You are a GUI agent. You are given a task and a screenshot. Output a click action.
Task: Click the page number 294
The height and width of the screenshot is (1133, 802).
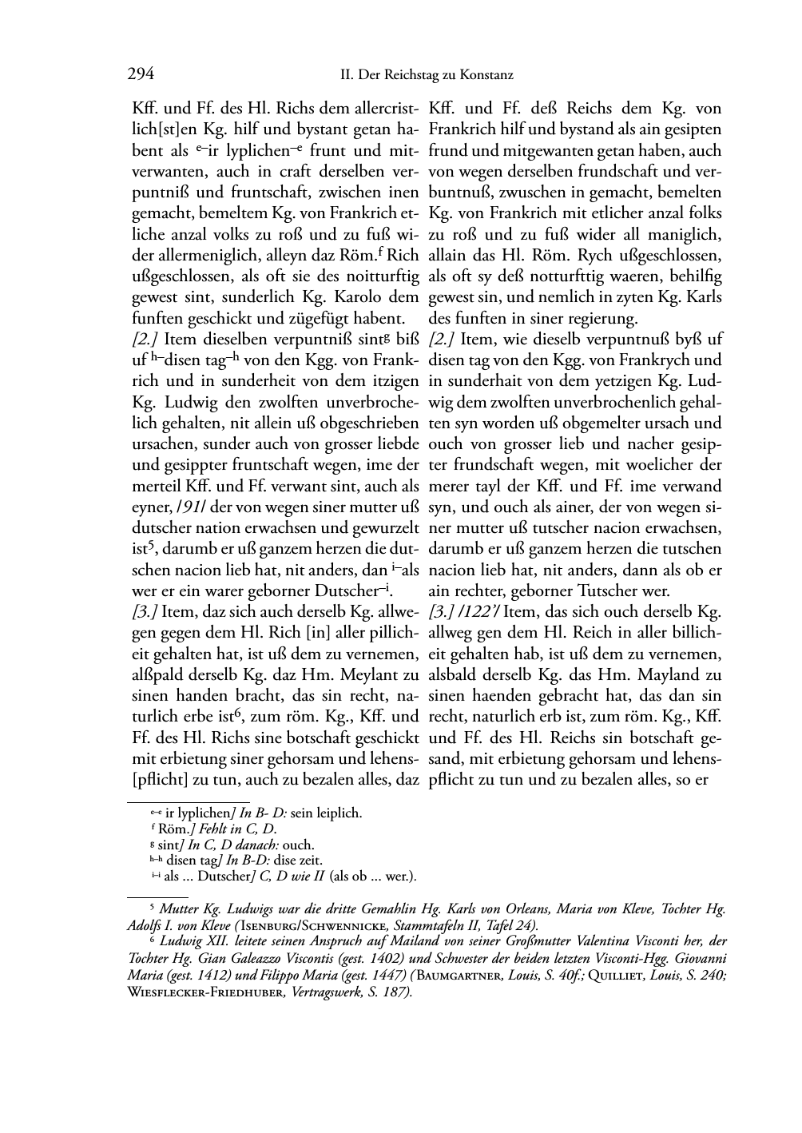(x=141, y=75)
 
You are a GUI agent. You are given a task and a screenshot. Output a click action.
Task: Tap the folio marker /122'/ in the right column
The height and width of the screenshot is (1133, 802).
(x=480, y=611)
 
